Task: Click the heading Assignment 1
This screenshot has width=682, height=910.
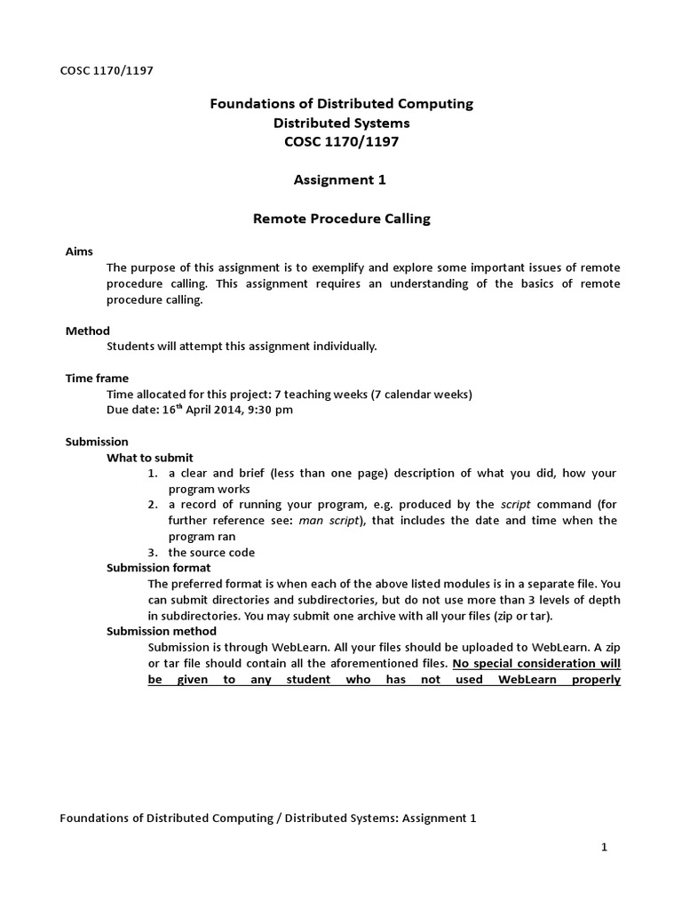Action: pos(341,180)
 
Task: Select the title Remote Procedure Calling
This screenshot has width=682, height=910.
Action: pos(341,219)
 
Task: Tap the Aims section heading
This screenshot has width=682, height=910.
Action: pos(79,251)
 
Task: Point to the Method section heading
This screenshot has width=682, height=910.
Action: pos(88,331)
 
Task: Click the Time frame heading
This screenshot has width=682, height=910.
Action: pos(97,378)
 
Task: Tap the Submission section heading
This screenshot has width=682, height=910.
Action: pos(97,442)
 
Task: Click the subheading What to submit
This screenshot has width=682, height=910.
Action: pos(149,458)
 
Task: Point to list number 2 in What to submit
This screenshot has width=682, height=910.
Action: pos(153,505)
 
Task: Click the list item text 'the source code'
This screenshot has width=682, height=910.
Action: pos(211,552)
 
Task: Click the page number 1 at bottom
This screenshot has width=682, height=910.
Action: pos(604,848)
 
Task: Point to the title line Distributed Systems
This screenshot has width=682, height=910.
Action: pos(341,123)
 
